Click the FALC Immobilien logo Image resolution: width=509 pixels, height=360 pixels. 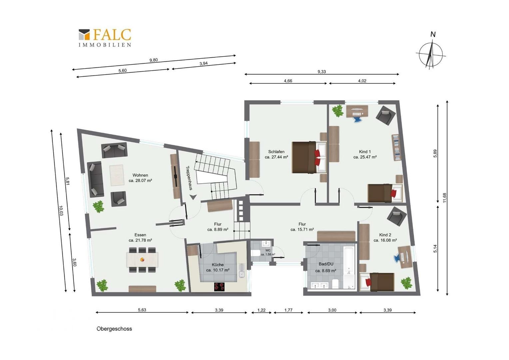pos(105,38)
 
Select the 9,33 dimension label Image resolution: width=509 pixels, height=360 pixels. pos(321,72)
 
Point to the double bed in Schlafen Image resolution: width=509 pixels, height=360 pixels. pos(309,157)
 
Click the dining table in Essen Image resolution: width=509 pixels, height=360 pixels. pos(143,260)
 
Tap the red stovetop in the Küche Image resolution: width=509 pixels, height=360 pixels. pos(219,287)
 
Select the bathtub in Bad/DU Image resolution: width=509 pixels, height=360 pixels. pos(349,261)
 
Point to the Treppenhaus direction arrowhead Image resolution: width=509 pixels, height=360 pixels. pos(193,197)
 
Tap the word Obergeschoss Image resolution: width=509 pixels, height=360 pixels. pos(114,329)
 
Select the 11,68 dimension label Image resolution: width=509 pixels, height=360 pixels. pos(445,198)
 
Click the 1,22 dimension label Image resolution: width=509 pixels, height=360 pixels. pos(261,310)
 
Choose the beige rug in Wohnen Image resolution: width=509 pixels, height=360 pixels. pos(117,175)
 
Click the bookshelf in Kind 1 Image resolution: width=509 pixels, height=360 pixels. pos(396,148)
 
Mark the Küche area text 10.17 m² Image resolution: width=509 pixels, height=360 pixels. pos(218,270)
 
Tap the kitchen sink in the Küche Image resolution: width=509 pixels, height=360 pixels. pos(242,271)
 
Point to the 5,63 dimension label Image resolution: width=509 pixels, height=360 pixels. pos(142,310)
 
